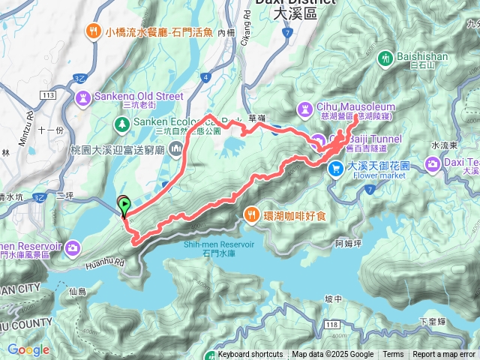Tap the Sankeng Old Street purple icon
(x=83, y=96)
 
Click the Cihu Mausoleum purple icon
(x=306, y=108)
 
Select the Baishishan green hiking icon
(x=385, y=57)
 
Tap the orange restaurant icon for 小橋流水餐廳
(x=94, y=31)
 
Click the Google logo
(x=28, y=349)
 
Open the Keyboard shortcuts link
(x=250, y=355)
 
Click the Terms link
(x=393, y=355)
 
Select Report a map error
(x=445, y=355)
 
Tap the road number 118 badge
(x=333, y=323)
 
